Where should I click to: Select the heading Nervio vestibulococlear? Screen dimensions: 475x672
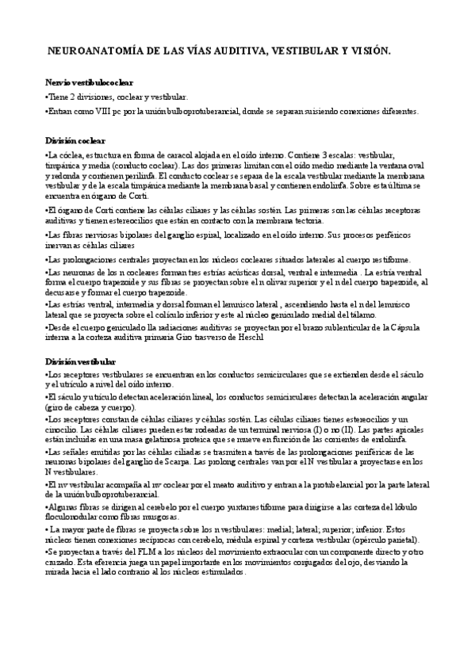pyautogui.click(x=89, y=82)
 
